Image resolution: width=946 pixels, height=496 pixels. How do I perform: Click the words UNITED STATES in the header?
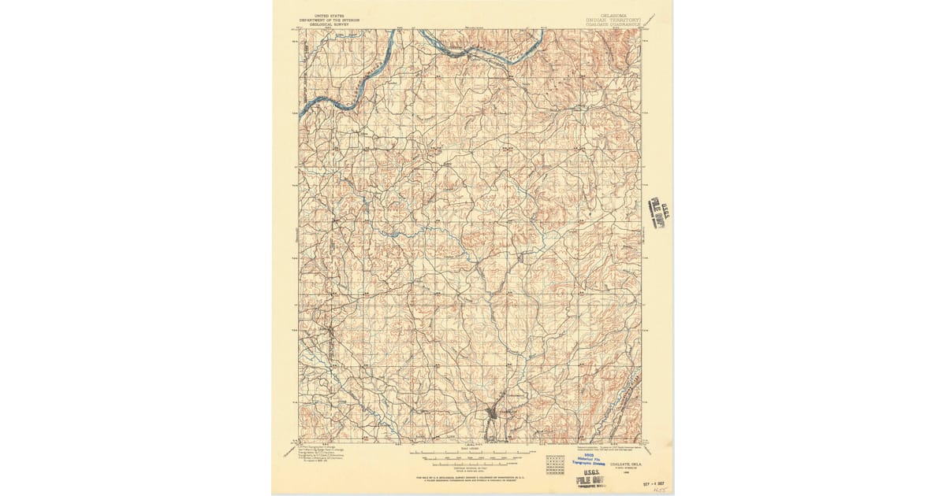coord(324,15)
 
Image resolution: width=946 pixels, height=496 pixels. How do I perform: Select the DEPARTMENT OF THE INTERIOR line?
coord(324,20)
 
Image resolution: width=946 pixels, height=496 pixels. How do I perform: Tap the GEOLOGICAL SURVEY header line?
coord(324,24)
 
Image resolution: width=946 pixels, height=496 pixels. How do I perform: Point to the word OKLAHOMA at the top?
coord(613,14)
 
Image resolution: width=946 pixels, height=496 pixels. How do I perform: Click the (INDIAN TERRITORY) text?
coord(613,19)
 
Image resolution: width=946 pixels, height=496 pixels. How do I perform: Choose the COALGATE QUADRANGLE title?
coord(613,24)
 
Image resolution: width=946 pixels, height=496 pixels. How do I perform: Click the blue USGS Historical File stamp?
coord(587,464)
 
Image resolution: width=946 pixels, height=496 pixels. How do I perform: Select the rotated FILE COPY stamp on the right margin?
coord(657,213)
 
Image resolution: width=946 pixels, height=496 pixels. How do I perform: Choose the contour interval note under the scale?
coord(471,465)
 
